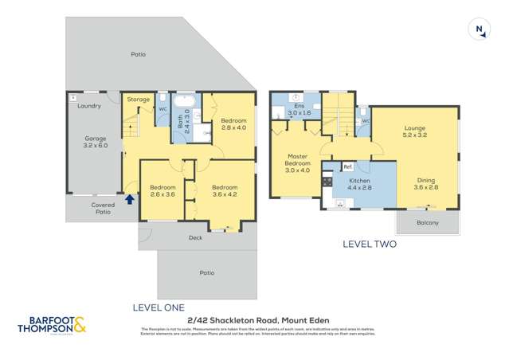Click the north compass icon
(480, 29)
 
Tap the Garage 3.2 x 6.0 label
(95, 141)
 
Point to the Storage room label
(139, 100)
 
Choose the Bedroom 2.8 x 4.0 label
(231, 123)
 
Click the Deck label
(195, 237)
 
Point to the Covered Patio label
(103, 208)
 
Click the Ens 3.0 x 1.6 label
(300, 110)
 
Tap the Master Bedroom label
(297, 162)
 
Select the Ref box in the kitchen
(347, 166)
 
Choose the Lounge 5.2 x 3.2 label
(415, 132)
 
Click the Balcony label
(428, 222)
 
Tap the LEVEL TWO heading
(369, 245)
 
